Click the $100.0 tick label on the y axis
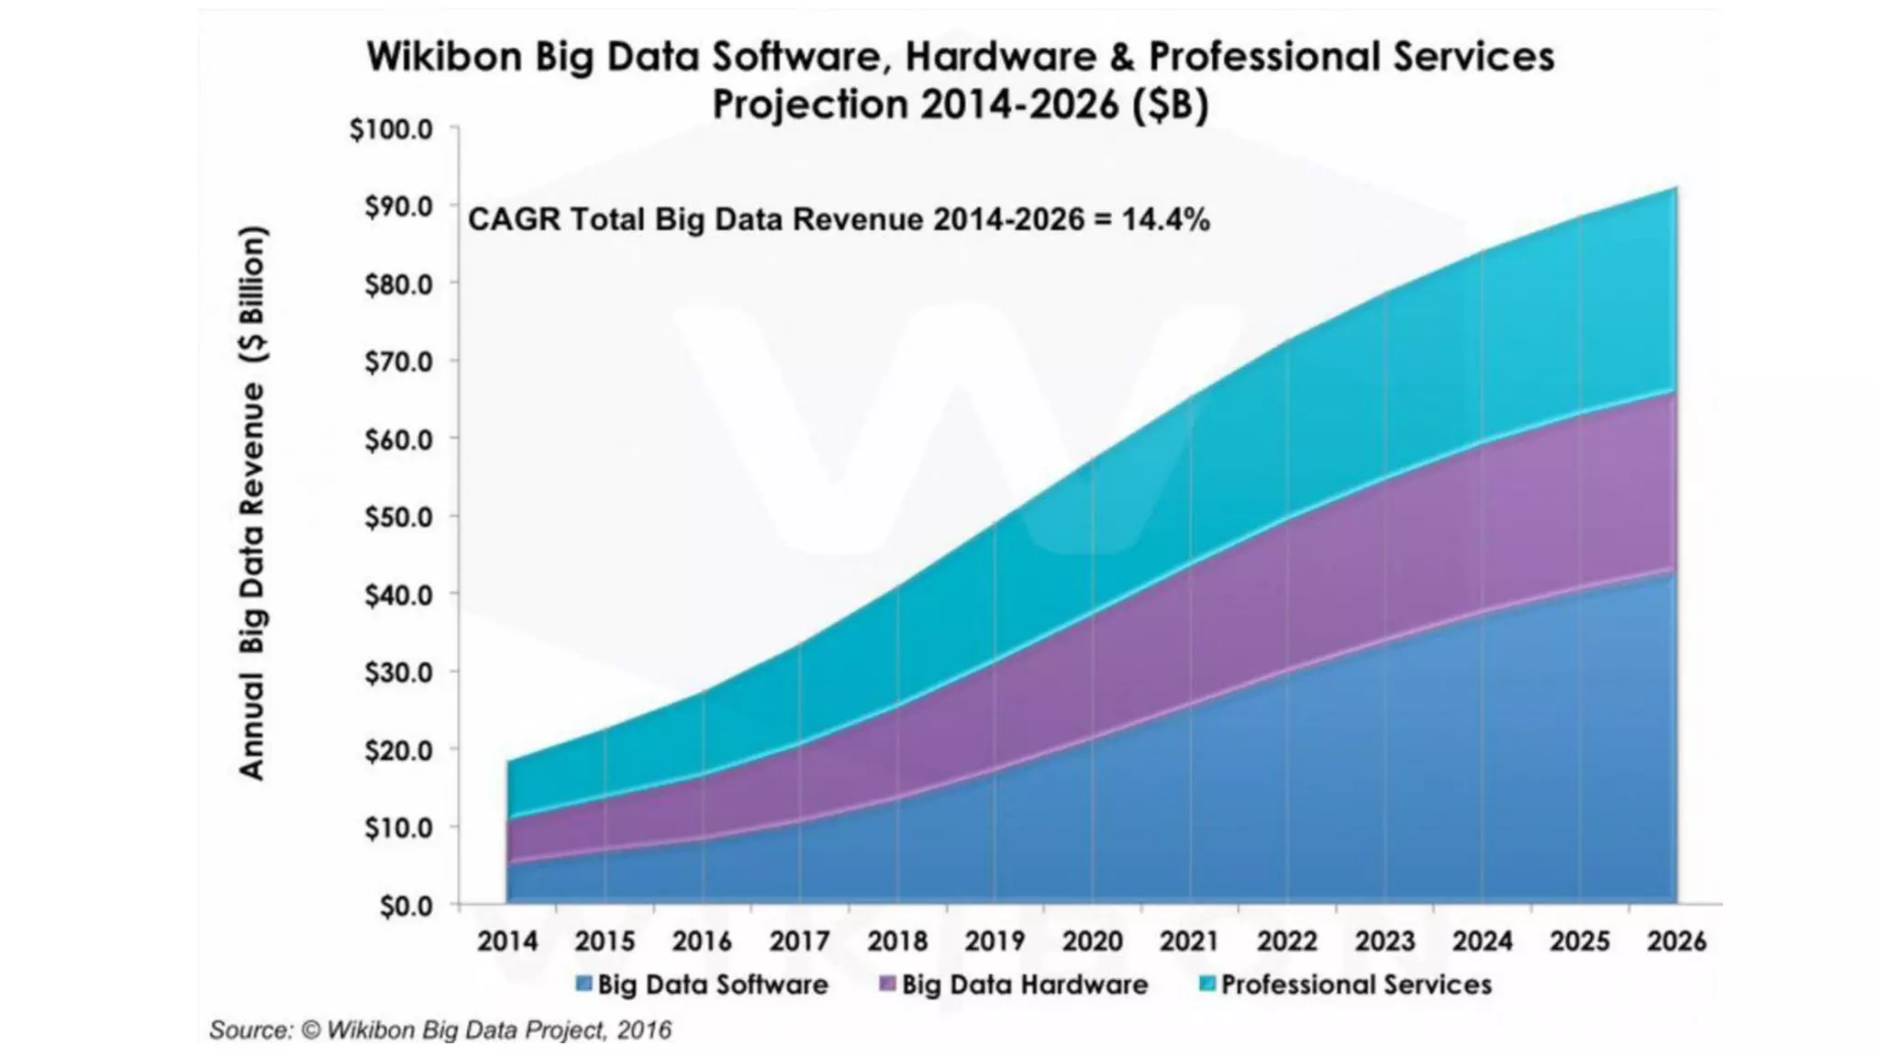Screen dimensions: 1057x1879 coord(391,129)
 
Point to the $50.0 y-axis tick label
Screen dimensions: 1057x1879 coord(398,517)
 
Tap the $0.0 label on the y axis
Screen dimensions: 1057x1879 coord(406,907)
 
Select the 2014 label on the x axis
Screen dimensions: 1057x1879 coord(507,941)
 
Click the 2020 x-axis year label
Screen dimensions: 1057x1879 coord(1092,941)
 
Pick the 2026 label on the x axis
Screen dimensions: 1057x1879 coord(1676,941)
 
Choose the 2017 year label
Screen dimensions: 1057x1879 coord(799,941)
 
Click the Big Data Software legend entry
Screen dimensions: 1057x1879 coord(712,985)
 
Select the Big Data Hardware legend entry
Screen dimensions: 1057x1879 coord(1024,985)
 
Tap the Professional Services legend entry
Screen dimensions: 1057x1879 coord(1355,985)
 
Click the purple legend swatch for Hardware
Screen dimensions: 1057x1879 coord(887,985)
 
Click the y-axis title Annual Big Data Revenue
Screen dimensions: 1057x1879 coord(252,503)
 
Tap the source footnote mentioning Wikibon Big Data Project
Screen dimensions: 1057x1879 coord(440,1030)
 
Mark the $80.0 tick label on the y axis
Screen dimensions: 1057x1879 coord(398,284)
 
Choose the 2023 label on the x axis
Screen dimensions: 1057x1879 coord(1384,941)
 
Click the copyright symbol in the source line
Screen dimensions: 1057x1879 coord(311,1030)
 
